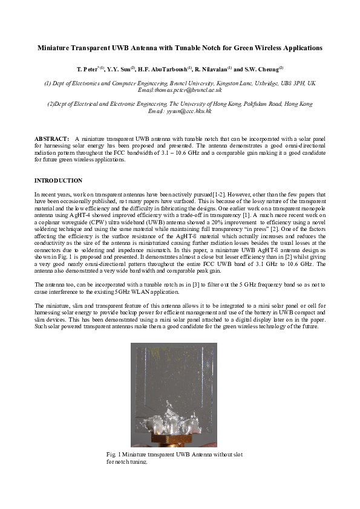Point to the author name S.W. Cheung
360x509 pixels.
[261, 70]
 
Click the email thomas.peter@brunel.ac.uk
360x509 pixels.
[180, 89]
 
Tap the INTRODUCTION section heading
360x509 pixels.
[58, 181]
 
